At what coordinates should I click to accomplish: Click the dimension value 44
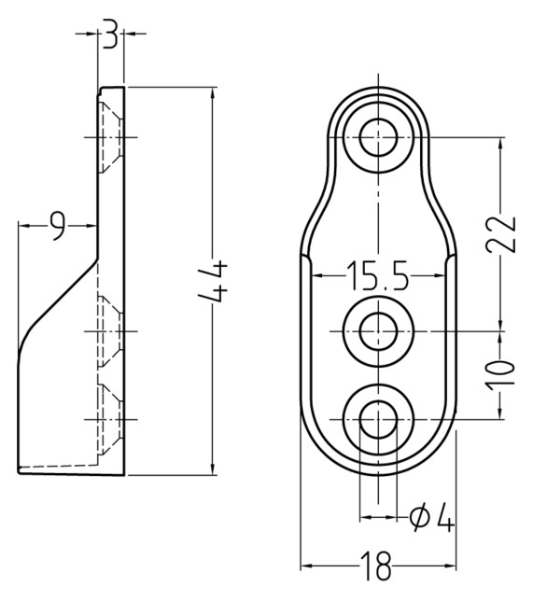tap(213, 281)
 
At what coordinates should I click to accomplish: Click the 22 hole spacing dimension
tap(500, 234)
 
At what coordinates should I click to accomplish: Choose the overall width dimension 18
tap(376, 566)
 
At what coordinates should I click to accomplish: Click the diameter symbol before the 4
tap(419, 517)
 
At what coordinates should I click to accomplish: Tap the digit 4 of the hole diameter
tap(443, 517)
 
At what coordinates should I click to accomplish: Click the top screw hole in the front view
tap(378, 137)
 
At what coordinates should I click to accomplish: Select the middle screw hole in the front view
tap(378, 331)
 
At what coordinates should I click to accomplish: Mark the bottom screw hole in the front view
tap(378, 419)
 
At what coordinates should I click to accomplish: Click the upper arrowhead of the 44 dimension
tap(213, 93)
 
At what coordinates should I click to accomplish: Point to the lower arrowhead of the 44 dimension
tap(213, 469)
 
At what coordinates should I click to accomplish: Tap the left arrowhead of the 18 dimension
tap(306, 566)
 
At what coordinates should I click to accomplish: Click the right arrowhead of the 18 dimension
tap(450, 566)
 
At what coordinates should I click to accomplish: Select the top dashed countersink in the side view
tap(110, 137)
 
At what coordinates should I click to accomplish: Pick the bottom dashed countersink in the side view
tap(110, 419)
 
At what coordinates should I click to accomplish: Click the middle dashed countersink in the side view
tap(110, 331)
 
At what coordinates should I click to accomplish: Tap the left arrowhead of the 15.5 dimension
tap(317, 275)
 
